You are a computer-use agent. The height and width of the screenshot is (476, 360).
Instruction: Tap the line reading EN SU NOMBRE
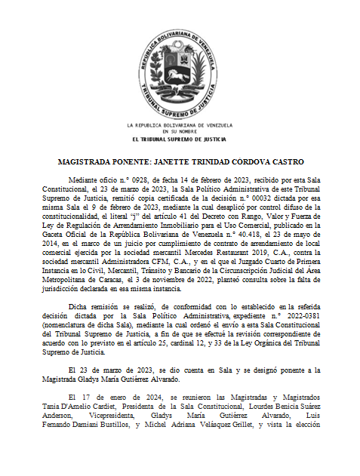[x=180, y=131]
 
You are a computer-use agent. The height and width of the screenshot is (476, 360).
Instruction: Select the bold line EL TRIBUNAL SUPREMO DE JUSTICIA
[x=180, y=139]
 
